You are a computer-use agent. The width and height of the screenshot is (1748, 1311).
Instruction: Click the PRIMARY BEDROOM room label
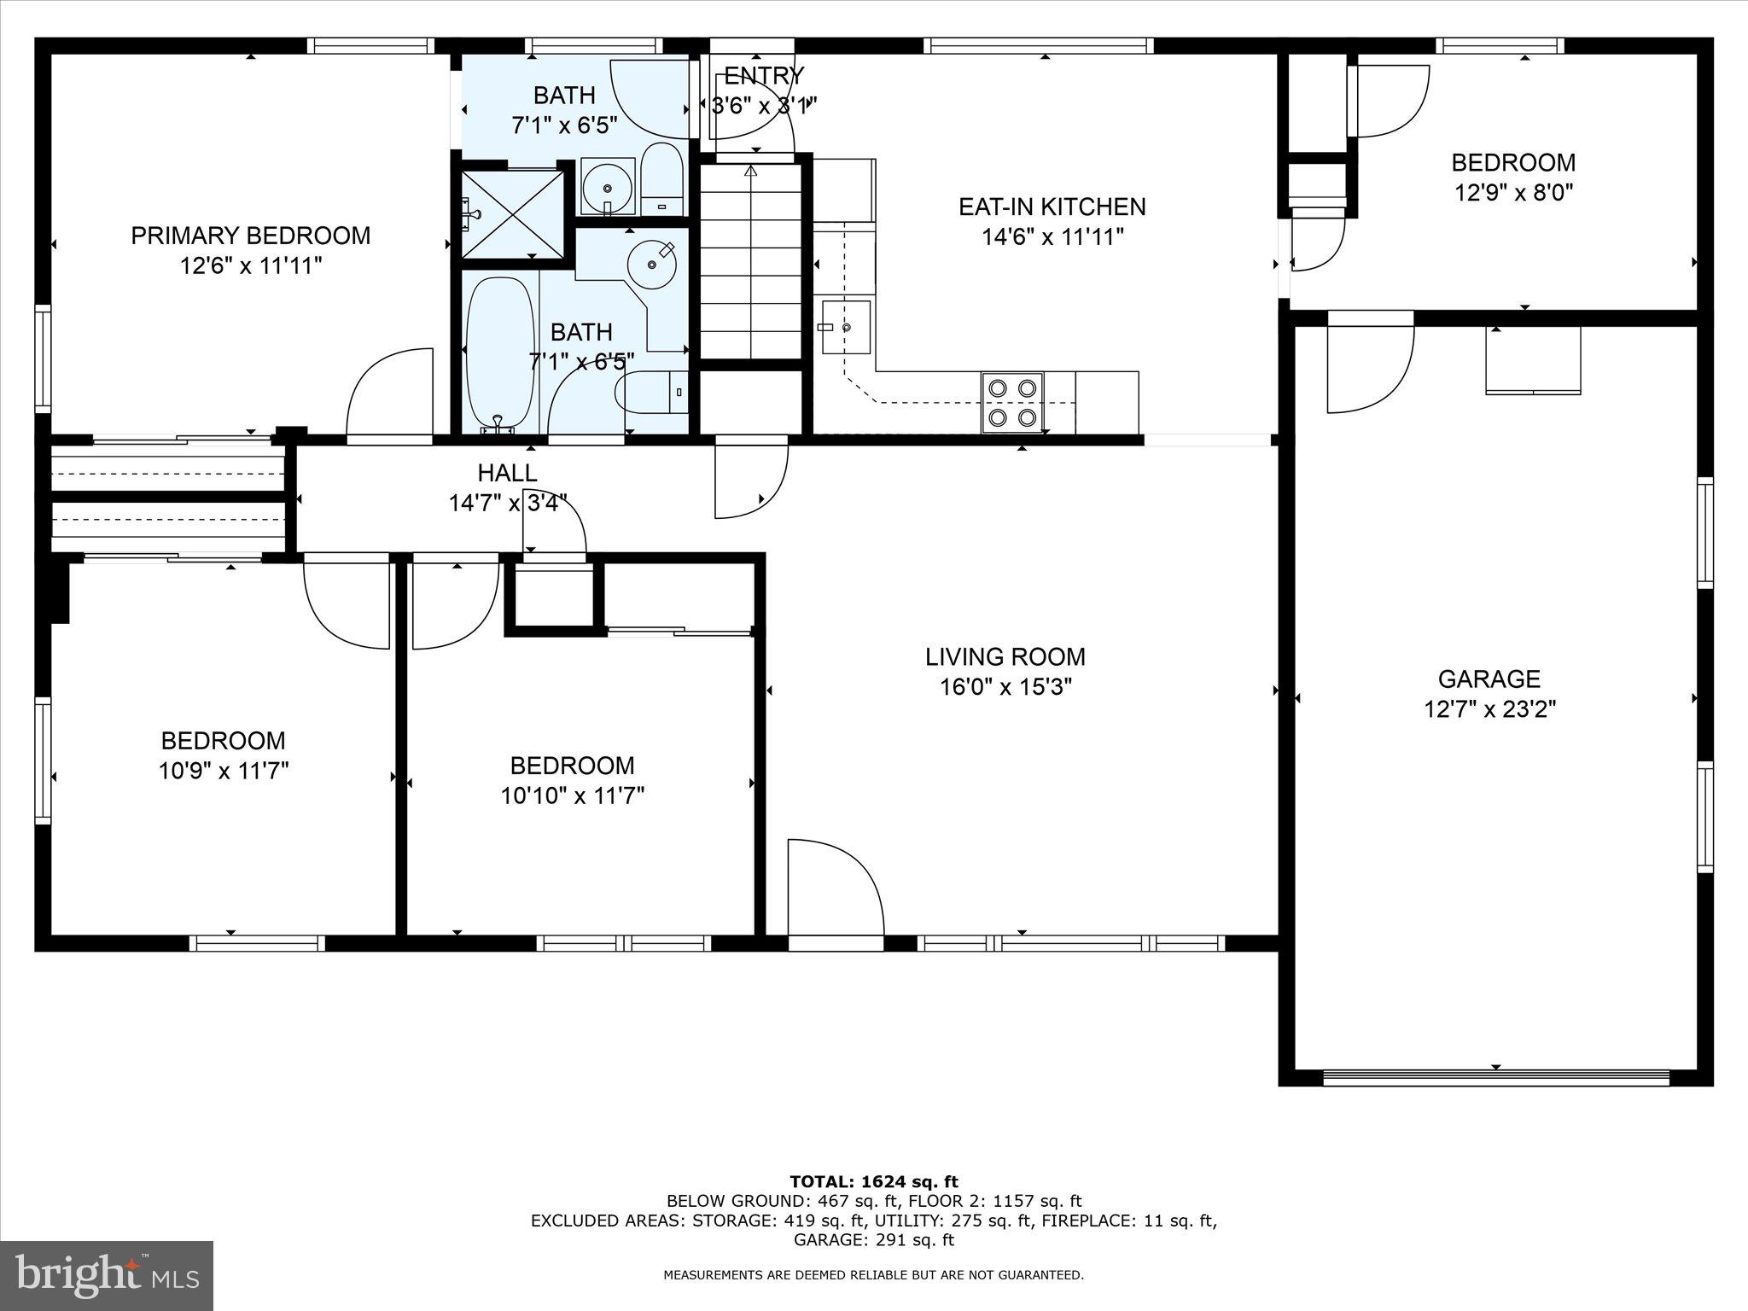[250, 236]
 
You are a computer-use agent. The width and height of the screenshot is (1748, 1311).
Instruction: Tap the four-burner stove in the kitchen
[1012, 403]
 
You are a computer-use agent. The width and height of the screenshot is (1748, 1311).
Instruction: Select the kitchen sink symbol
[846, 327]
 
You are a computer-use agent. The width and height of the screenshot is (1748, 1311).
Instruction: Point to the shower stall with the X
[512, 214]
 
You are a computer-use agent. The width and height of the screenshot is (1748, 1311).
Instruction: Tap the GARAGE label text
[1489, 679]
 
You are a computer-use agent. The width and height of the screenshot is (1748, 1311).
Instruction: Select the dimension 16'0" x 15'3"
[1005, 687]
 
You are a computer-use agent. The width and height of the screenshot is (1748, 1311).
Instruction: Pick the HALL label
[507, 473]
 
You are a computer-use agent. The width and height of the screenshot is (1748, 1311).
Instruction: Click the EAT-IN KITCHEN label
[1052, 207]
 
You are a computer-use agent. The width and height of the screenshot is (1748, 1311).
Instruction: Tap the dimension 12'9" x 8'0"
[1513, 192]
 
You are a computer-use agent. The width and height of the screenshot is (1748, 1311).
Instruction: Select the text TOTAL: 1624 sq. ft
[874, 1182]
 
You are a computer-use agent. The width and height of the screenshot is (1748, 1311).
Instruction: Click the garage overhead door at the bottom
[1495, 1077]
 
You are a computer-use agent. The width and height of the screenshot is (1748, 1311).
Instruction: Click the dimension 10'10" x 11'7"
[572, 795]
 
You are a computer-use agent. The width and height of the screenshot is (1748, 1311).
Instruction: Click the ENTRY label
[764, 76]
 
